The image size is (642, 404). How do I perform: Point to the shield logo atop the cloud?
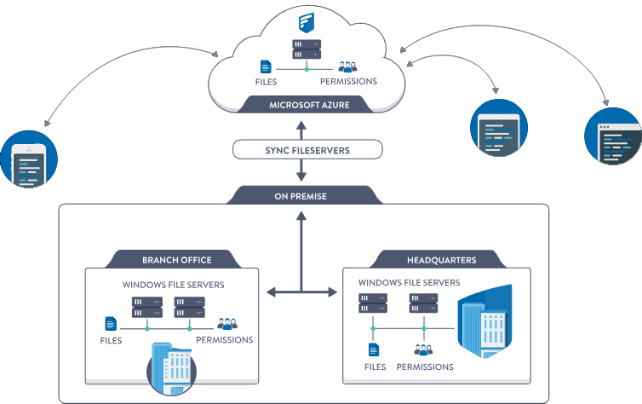point(305,21)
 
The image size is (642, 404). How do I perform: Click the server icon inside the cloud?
point(305,49)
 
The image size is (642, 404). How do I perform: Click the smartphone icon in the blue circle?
point(30,160)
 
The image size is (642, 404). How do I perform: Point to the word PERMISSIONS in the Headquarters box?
point(425,366)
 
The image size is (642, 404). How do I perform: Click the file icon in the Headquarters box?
point(373,349)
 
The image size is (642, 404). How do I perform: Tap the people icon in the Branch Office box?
point(226,323)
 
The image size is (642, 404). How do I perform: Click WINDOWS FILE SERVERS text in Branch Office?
point(174,285)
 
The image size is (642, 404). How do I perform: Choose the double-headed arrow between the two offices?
point(301,292)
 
